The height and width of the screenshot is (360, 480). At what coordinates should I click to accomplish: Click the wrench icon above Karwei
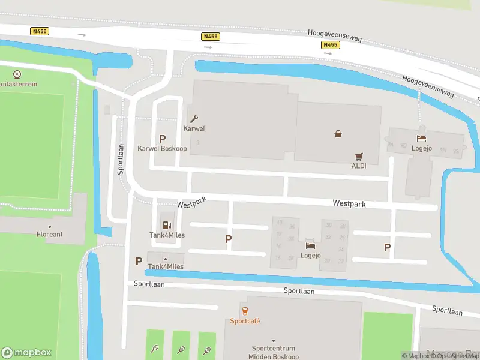[x=194, y=119]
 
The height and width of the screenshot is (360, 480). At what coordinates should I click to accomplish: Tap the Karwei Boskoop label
[x=162, y=148]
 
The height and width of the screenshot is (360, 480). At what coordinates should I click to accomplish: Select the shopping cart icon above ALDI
[x=359, y=155]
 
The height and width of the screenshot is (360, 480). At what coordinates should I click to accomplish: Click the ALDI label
[x=359, y=166]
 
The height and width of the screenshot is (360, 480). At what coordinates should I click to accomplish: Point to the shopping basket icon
[x=338, y=134]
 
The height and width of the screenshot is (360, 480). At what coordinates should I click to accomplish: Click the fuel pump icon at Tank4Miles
[x=167, y=225]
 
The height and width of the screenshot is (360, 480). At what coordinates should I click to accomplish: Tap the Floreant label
[x=49, y=234]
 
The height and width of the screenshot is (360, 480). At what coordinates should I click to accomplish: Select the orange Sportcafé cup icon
[x=245, y=311]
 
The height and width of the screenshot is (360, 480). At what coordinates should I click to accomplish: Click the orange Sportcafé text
[x=245, y=321]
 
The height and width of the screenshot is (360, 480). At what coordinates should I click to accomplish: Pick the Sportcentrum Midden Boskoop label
[x=274, y=352]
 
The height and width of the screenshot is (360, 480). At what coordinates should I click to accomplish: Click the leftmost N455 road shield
[x=39, y=31]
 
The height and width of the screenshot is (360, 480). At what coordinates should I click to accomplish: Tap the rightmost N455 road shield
[x=330, y=44]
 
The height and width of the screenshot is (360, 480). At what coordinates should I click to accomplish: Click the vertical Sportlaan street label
[x=121, y=159]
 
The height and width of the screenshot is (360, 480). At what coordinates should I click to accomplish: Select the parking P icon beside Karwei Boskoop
[x=162, y=139]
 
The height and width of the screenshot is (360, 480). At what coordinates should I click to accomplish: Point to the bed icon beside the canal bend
[x=422, y=139]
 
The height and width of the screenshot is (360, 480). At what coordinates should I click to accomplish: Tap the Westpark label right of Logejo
[x=349, y=204]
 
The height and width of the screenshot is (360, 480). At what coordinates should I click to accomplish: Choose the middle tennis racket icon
[x=181, y=349]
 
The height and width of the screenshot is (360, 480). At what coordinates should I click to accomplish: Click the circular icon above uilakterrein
[x=17, y=74]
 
